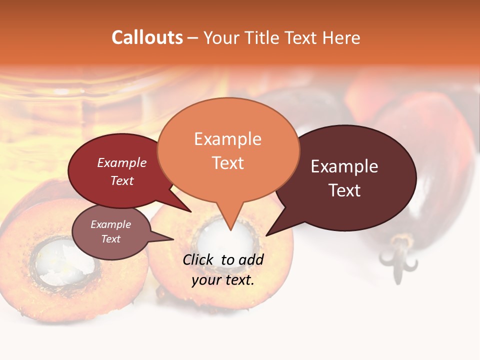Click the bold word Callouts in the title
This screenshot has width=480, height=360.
coord(147,37)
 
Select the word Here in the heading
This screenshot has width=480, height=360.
coord(341,38)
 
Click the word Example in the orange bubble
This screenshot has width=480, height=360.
coord(227,139)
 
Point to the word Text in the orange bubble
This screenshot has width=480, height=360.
coord(227,163)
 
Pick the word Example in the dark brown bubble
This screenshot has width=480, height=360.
coord(344,166)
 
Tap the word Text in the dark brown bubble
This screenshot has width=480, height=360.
coord(344,190)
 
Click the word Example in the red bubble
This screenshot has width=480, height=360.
coord(121,162)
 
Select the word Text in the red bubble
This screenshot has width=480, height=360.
coord(121,180)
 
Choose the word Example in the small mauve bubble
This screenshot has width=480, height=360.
coord(110,224)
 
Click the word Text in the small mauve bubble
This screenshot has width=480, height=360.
coord(110,239)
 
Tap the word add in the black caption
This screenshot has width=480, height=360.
coord(251,259)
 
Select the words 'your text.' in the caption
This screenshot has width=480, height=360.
coord(222,280)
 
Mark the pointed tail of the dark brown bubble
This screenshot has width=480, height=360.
coord(270,232)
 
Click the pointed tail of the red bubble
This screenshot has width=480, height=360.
coord(187,209)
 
